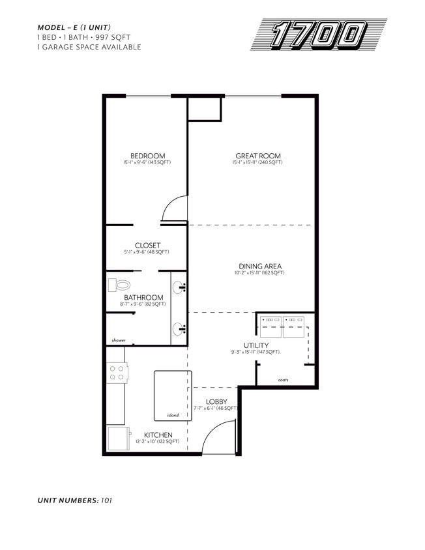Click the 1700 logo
(x=319, y=35)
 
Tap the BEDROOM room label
(x=147, y=156)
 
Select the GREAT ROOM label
(x=258, y=156)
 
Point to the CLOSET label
(x=147, y=246)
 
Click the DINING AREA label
(x=259, y=266)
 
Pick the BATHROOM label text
(x=143, y=297)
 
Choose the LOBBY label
(x=216, y=401)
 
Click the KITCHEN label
(x=158, y=435)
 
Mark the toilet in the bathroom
(x=120, y=285)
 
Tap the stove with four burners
(x=117, y=373)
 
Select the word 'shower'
(x=118, y=340)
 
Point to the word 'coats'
(x=283, y=380)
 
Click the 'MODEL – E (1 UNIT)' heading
(x=74, y=27)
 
